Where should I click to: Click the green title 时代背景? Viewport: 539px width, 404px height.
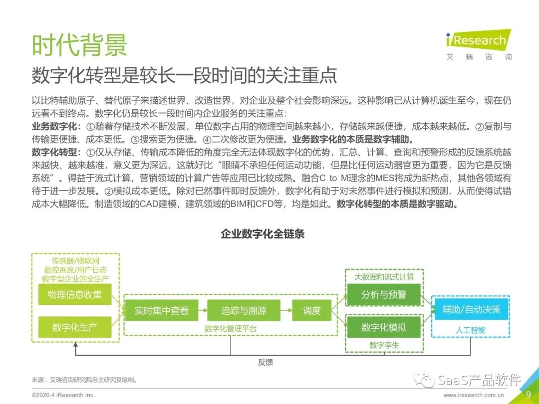click(x=79, y=44)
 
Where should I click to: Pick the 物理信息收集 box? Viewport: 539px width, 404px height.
click(x=75, y=294)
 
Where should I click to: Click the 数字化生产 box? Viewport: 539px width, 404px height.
click(x=75, y=327)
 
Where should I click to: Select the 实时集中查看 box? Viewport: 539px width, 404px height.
click(x=161, y=311)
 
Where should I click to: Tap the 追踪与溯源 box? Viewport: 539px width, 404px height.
click(x=244, y=311)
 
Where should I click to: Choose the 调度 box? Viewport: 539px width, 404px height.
click(x=311, y=311)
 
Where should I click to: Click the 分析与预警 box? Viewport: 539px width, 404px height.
click(x=384, y=294)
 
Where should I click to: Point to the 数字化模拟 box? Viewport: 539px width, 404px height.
click(x=384, y=327)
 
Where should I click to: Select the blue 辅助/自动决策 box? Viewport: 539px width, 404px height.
click(x=471, y=309)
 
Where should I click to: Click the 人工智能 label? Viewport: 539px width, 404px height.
click(x=471, y=330)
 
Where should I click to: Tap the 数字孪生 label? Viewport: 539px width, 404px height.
click(x=384, y=345)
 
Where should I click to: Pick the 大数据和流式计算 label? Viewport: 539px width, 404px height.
click(x=384, y=277)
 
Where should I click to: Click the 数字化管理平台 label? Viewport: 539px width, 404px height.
click(x=231, y=329)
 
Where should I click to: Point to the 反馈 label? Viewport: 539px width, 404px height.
click(x=266, y=362)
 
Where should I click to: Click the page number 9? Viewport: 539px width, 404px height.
click(x=528, y=394)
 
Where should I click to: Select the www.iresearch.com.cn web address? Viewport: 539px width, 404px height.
click(x=474, y=395)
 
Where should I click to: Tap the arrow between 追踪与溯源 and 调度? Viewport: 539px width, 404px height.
click(x=286, y=311)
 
